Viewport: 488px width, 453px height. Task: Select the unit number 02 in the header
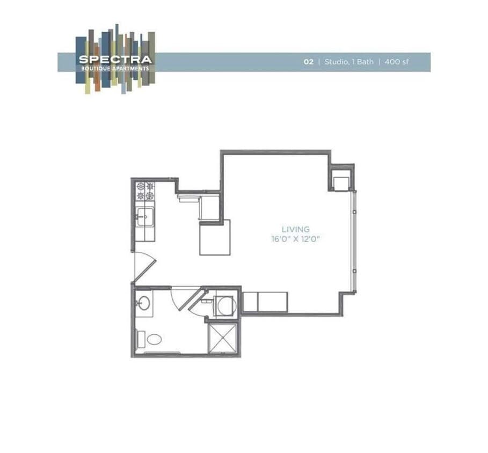click(x=308, y=62)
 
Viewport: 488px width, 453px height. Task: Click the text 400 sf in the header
click(x=397, y=62)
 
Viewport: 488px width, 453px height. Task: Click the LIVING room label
click(x=296, y=229)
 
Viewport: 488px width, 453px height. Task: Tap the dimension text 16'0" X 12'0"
click(x=296, y=239)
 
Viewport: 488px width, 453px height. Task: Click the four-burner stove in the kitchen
click(x=145, y=191)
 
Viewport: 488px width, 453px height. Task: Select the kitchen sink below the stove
click(x=143, y=218)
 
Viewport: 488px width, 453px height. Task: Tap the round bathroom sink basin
click(x=143, y=304)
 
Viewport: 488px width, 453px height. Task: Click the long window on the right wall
click(x=353, y=242)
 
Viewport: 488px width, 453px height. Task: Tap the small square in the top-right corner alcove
click(x=341, y=183)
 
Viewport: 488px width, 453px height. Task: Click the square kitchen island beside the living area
click(x=215, y=237)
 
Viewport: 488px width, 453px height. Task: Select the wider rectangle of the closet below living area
click(x=273, y=302)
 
